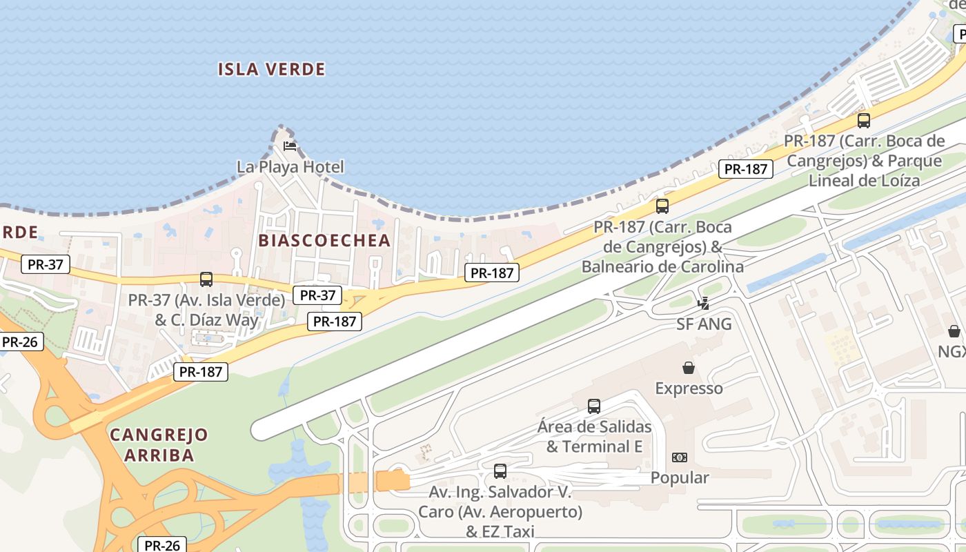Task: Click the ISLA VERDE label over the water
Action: pos(271,69)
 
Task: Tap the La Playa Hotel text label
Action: pos(290,167)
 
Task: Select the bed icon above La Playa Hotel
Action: pos(290,146)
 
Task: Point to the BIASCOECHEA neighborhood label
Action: pos(324,240)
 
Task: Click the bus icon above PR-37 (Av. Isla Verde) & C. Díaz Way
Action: pos(206,279)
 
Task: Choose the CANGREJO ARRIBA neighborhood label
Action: pos(159,445)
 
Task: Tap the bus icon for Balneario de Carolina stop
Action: pos(662,206)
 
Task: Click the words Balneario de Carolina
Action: pos(662,266)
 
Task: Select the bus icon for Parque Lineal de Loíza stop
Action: pos(863,121)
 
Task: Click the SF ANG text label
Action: pos(704,324)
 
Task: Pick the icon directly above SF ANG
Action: pos(704,303)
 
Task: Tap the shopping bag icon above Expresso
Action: pos(688,368)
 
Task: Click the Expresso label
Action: pos(689,388)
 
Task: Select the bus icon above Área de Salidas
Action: pos(594,406)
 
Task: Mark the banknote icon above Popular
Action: pos(680,457)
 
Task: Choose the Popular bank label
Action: pos(680,477)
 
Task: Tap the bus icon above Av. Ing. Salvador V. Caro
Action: pos(500,471)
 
